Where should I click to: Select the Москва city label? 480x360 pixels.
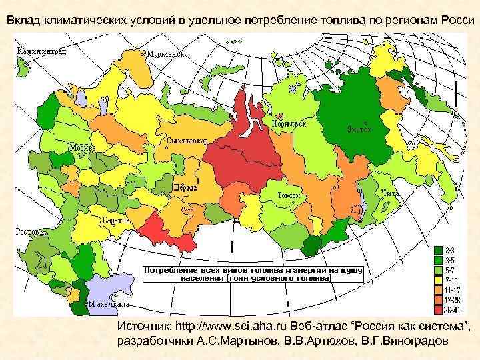[x=84, y=147]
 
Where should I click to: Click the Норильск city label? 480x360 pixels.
[x=288, y=124]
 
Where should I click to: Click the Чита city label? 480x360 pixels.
[x=390, y=193]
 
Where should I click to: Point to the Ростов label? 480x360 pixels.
[x=29, y=232]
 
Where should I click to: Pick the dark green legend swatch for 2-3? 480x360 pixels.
[x=437, y=249]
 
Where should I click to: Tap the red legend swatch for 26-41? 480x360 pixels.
[x=437, y=310]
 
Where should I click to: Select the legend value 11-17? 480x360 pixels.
[x=455, y=290]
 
